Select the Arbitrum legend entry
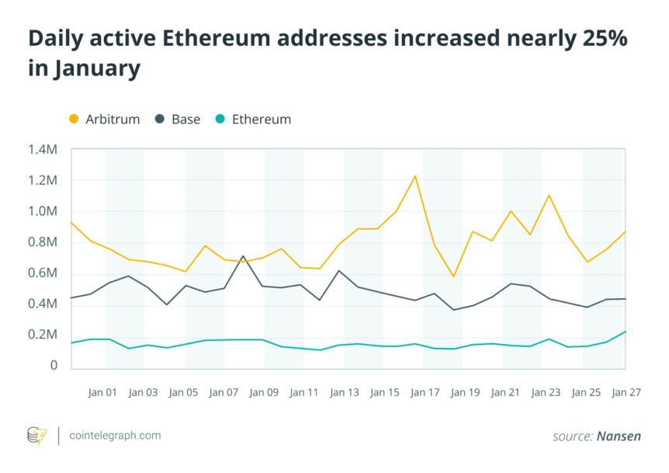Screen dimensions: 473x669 (104, 119)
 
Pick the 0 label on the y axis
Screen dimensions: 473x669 (54, 365)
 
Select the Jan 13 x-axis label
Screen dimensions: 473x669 (344, 392)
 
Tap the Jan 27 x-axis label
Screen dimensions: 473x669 (626, 392)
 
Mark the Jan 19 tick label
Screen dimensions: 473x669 (465, 392)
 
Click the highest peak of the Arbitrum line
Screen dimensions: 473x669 (415, 176)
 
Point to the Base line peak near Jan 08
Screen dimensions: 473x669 (243, 256)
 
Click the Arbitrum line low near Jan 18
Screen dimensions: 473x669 (453, 276)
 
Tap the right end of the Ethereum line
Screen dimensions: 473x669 (626, 332)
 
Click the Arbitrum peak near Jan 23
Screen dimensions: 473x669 (549, 195)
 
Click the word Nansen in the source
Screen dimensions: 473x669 (619, 436)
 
